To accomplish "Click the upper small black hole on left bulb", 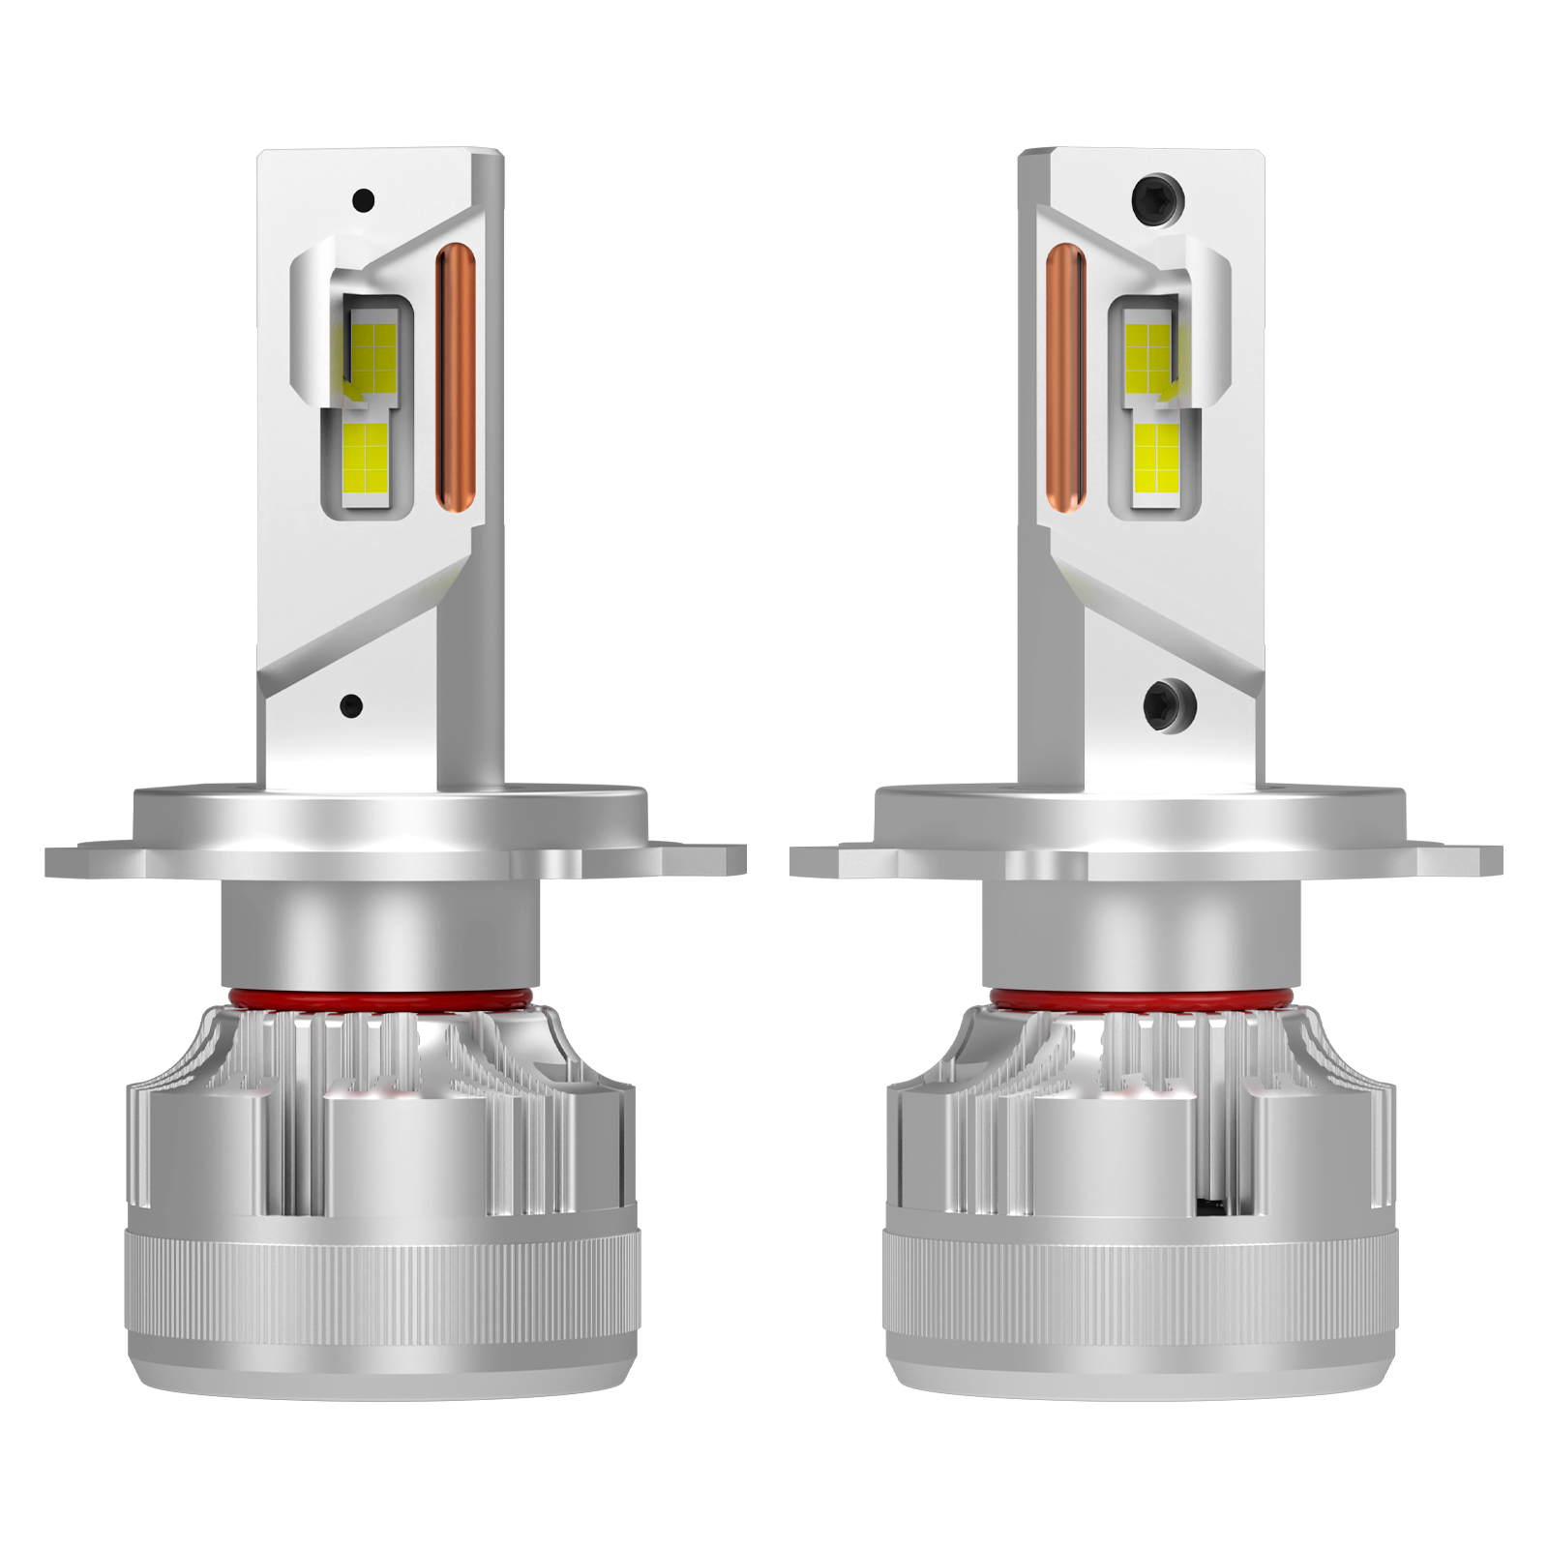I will [363, 201].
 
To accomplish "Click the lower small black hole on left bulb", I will [352, 705].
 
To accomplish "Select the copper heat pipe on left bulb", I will [456, 377].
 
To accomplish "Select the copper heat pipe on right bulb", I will [1065, 377].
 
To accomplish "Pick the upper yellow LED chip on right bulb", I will [1149, 351].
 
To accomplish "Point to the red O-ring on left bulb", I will [379, 997].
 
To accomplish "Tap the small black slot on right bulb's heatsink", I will [1210, 1206].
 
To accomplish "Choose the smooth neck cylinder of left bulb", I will [379, 934].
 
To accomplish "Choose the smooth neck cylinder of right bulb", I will [1141, 934].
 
